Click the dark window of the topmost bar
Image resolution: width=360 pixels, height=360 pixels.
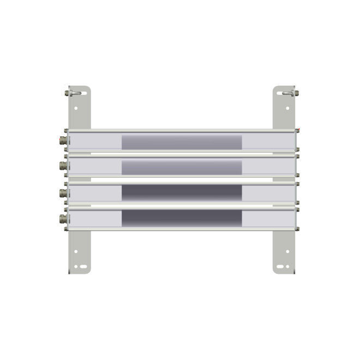point(181,142)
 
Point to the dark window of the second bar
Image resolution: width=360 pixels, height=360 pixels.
point(181,167)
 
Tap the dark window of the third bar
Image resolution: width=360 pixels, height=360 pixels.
point(181,193)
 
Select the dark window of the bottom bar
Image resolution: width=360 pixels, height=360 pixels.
point(181,218)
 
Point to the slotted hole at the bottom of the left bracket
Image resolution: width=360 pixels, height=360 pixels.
point(81,267)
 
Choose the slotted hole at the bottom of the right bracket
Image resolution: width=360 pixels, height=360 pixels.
point(282,267)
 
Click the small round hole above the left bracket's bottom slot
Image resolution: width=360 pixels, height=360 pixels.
point(75,251)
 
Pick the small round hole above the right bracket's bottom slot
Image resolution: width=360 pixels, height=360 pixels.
point(287,251)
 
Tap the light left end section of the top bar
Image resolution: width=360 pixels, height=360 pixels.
point(95,142)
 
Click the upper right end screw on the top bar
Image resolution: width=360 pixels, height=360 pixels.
point(297,130)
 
